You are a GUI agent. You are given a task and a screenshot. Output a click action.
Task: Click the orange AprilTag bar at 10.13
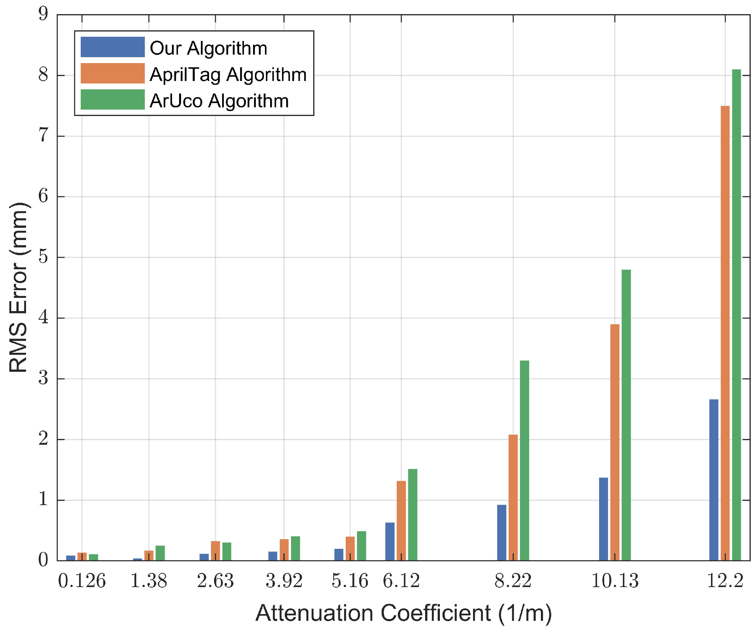(615, 442)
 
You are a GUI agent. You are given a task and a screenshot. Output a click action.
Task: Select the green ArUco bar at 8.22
(524, 460)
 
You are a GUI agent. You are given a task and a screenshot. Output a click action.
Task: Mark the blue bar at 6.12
(390, 541)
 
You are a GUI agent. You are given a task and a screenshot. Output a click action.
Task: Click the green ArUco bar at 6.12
(413, 514)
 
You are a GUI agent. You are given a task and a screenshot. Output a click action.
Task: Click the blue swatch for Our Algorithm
(112, 47)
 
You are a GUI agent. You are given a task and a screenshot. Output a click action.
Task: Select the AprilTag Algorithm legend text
(228, 75)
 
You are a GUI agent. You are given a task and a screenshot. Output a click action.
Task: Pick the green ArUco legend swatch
(112, 100)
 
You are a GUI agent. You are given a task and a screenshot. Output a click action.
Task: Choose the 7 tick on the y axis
(43, 136)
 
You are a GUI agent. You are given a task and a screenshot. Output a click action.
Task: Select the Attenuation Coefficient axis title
(404, 613)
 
